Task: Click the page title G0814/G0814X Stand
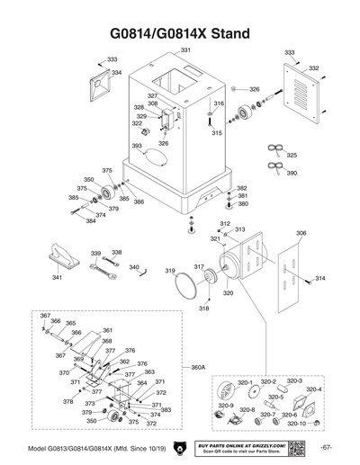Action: click(180, 33)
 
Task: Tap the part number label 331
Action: click(185, 49)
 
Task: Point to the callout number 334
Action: click(115, 72)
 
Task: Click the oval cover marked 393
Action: click(156, 156)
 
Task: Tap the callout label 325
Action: click(291, 156)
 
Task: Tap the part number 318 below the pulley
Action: click(203, 308)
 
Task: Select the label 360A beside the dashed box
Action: click(199, 368)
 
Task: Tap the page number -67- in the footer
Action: click(326, 447)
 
